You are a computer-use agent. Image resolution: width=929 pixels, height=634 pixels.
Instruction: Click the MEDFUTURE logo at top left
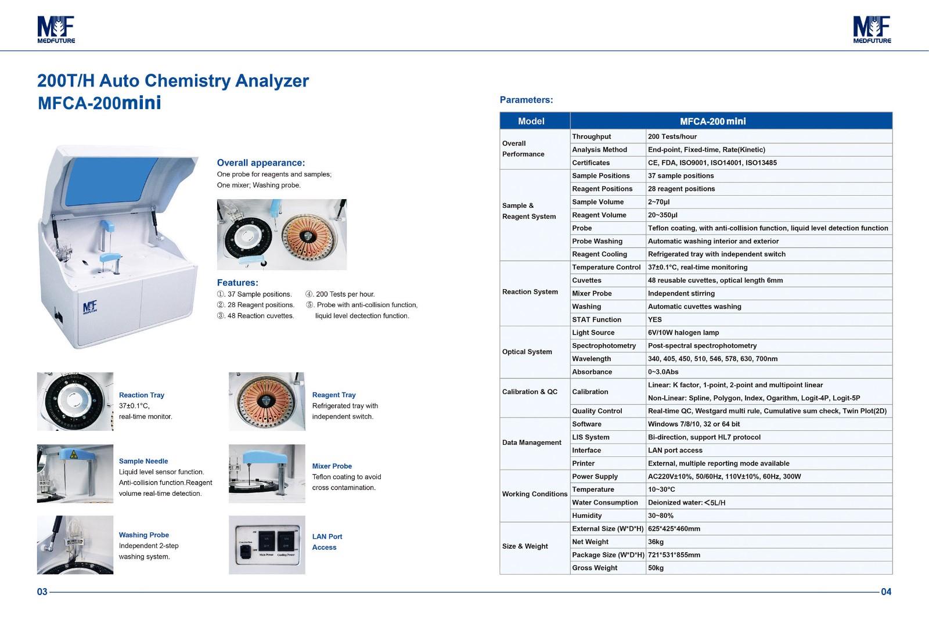[56, 29]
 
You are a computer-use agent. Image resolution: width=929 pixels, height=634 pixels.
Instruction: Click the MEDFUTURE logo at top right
[872, 29]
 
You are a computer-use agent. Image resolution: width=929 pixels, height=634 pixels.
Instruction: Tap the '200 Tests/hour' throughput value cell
[672, 136]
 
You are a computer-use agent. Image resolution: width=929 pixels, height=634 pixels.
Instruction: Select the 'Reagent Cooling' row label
[599, 254]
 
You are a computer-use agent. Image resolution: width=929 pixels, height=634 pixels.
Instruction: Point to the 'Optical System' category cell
[527, 352]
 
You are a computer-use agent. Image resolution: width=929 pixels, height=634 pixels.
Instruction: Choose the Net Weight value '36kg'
[656, 542]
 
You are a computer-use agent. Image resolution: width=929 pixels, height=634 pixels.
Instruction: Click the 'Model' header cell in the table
[531, 121]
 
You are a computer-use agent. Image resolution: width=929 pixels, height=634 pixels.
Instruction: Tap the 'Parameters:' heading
[526, 100]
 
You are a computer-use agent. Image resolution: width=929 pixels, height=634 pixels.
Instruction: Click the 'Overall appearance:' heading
[261, 163]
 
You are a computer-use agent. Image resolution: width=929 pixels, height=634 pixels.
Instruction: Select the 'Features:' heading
[237, 283]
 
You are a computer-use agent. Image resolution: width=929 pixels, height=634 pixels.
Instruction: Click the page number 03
[42, 592]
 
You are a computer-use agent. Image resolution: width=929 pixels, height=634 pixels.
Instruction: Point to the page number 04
[886, 592]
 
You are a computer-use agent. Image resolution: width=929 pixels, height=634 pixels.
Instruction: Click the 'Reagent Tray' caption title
[333, 395]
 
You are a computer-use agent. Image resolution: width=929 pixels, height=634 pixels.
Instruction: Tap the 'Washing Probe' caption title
[143, 535]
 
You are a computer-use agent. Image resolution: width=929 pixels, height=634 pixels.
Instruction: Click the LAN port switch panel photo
[267, 545]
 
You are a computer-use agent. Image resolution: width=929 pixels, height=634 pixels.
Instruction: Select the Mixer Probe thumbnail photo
[267, 473]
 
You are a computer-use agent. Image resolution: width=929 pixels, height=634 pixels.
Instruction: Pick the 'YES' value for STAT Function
[654, 319]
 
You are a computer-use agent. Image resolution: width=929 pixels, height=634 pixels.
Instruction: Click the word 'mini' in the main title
[141, 103]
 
